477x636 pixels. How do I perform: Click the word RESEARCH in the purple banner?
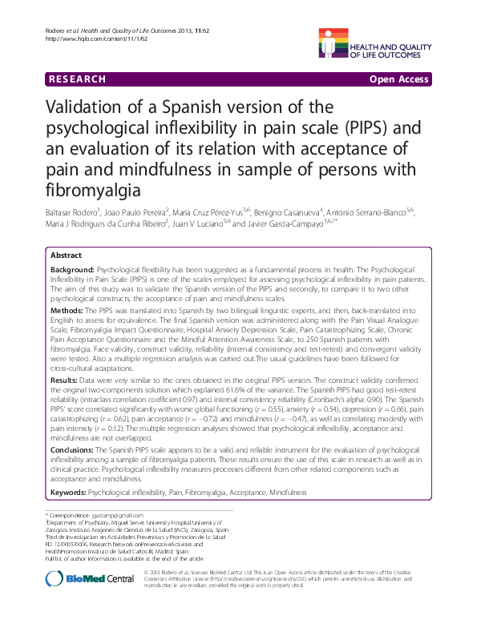[77, 78]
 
